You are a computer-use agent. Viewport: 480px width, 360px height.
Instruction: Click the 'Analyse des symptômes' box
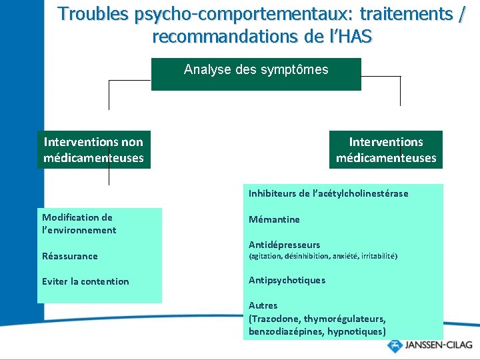point(256,73)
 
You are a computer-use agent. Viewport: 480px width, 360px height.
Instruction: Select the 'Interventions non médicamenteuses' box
point(93,149)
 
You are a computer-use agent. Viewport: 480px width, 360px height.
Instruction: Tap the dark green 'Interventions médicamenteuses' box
point(386,149)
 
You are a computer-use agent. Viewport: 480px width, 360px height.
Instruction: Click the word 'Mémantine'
point(274,219)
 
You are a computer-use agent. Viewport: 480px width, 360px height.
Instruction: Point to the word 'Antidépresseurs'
point(284,245)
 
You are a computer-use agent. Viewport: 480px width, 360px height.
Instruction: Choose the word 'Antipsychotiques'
point(287,280)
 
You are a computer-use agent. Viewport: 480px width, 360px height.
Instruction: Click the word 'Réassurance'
point(69,256)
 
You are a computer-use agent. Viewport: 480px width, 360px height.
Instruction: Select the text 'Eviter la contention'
point(85,281)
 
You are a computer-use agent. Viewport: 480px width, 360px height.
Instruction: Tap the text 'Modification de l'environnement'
point(79,223)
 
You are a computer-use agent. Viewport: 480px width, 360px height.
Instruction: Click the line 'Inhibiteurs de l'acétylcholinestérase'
point(328,193)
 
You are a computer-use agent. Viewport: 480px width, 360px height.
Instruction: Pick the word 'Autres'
point(263,306)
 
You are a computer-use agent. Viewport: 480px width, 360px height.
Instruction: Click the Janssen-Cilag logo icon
point(395,347)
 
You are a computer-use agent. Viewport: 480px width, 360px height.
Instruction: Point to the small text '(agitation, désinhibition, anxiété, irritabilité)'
point(323,256)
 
